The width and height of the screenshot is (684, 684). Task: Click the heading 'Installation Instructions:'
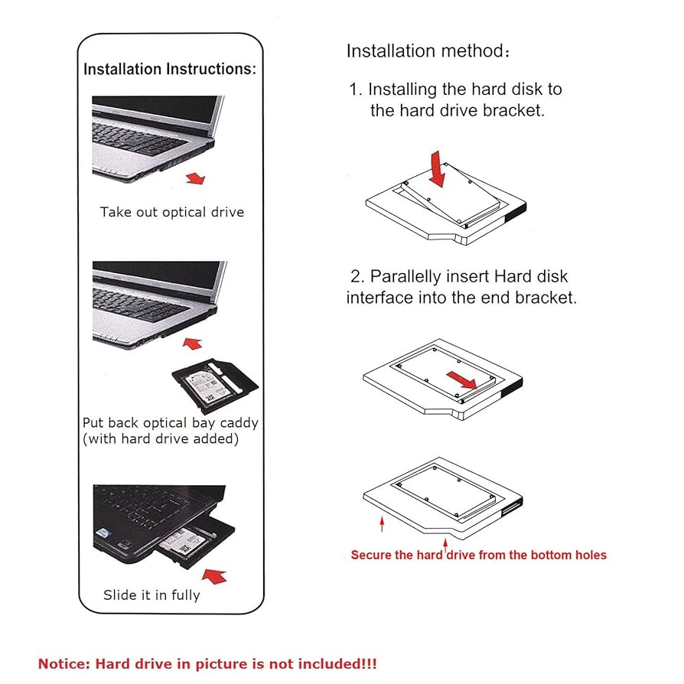[170, 70]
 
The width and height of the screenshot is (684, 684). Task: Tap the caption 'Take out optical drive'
[171, 212]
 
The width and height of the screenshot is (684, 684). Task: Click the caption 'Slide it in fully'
[151, 595]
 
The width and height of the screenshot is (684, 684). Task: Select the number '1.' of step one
[357, 90]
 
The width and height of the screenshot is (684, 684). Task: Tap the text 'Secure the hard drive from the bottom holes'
[478, 555]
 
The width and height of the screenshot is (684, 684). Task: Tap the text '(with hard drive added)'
[161, 439]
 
